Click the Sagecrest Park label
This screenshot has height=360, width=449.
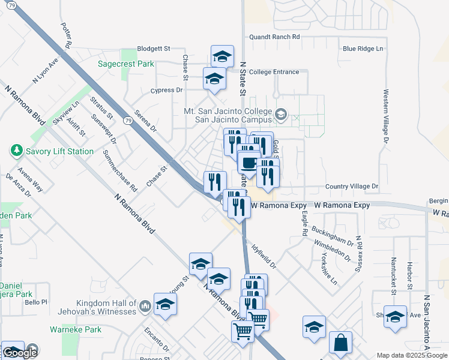point(126,64)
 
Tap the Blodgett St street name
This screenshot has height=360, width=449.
point(154,48)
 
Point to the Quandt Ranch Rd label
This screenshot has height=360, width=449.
point(274,37)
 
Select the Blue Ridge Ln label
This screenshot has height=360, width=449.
point(363,49)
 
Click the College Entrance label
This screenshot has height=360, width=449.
point(274,72)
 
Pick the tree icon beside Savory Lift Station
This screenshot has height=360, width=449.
point(16,151)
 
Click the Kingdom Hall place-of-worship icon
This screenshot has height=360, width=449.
point(144,308)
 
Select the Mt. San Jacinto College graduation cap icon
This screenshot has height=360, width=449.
point(281,114)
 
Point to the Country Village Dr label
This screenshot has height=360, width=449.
point(352,187)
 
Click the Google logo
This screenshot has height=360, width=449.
point(19,353)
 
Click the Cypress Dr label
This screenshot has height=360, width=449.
point(167,91)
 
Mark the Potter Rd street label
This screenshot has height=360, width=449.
point(66,36)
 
